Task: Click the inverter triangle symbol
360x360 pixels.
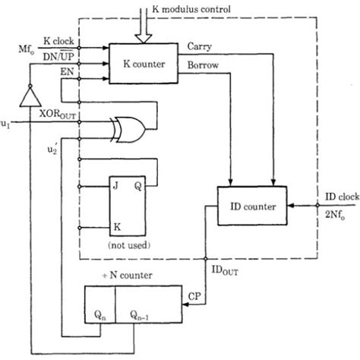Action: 29,96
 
